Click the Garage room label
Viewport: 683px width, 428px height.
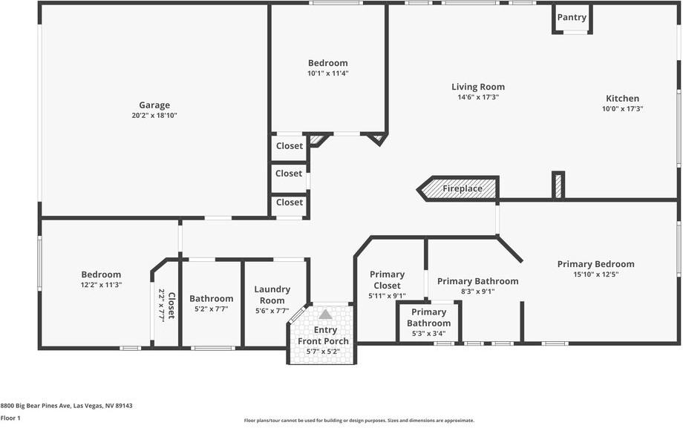point(154,105)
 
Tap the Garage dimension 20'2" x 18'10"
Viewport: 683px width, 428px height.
point(154,116)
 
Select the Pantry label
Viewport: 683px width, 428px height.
point(572,17)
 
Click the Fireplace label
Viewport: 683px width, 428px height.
point(463,189)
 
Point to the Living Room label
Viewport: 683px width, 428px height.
point(478,87)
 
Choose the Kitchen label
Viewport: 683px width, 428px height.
point(622,99)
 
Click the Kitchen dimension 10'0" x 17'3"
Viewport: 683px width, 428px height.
point(622,109)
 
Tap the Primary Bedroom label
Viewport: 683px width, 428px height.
point(595,264)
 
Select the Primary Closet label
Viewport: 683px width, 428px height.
point(387,280)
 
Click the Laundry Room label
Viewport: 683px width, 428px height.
point(272,294)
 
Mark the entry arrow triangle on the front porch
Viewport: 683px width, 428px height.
point(325,315)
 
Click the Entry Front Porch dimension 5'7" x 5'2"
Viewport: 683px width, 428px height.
point(325,352)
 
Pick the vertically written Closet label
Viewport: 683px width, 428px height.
point(171,306)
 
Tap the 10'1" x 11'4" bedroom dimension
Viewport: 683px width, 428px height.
point(328,73)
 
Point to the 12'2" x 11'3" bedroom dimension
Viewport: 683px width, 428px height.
point(101,285)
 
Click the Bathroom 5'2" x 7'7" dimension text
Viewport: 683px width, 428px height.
point(212,309)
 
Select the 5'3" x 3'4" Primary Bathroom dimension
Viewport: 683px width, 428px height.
point(428,334)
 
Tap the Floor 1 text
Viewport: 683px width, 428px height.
point(10,418)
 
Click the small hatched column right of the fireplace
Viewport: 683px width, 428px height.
point(558,185)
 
